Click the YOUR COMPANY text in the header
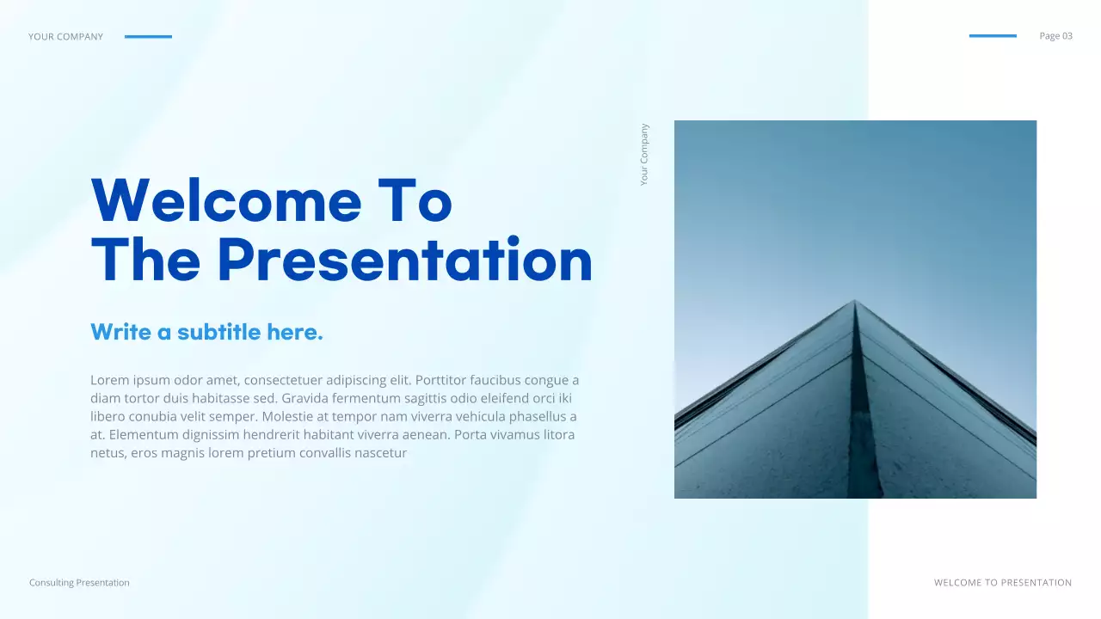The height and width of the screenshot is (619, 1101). click(x=65, y=37)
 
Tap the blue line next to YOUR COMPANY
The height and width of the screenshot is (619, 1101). click(x=148, y=37)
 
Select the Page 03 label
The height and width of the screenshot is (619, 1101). click(x=1055, y=36)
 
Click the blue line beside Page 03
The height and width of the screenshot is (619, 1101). click(x=993, y=36)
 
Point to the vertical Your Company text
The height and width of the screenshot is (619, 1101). click(x=644, y=155)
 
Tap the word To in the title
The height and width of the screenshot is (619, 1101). click(x=415, y=200)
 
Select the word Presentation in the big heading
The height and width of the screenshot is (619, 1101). click(x=405, y=260)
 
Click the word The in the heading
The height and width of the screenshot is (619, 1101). click(x=146, y=260)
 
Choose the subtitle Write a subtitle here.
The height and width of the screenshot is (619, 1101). click(x=206, y=332)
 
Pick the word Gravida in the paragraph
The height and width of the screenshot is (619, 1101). click(x=305, y=398)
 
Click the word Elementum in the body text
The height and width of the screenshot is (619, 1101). click(x=145, y=434)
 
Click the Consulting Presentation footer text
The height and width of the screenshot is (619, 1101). click(x=79, y=583)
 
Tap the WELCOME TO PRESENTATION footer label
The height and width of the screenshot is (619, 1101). click(x=1003, y=583)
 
